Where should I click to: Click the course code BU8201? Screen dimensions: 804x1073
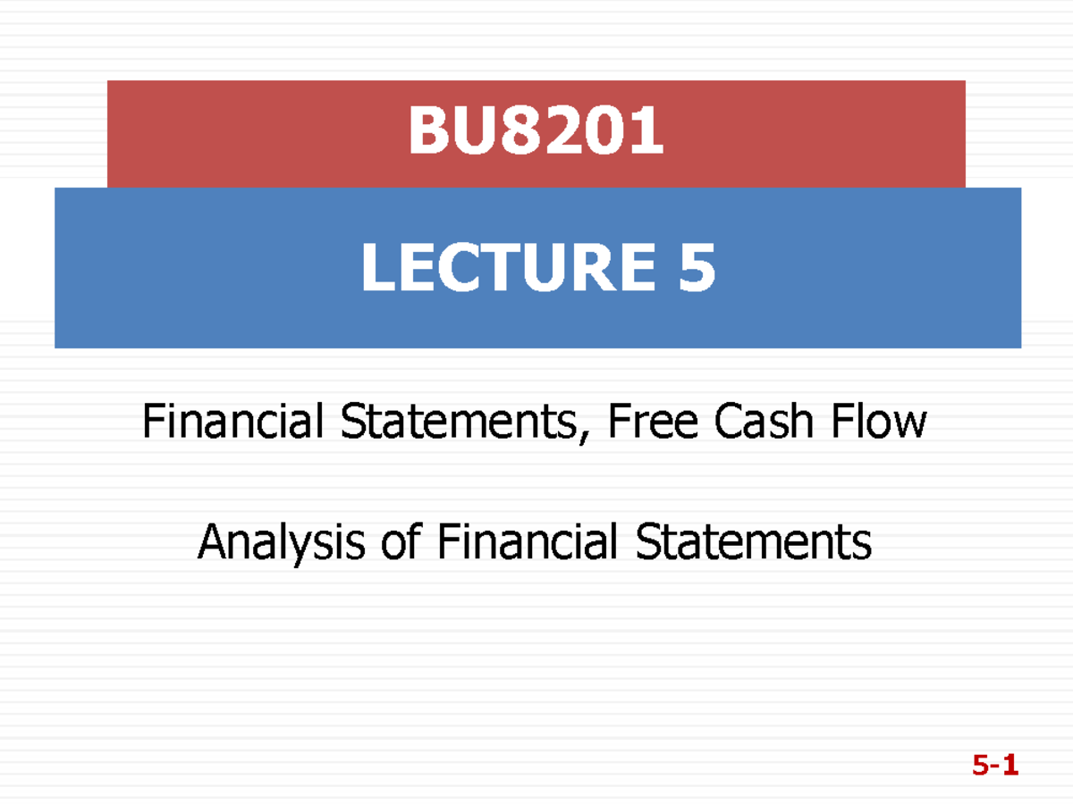pyautogui.click(x=536, y=131)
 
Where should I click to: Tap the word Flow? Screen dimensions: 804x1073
pyautogui.click(x=880, y=422)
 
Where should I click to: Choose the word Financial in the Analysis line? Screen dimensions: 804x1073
pyautogui.click(x=528, y=541)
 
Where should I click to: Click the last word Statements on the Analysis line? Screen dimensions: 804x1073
pyautogui.click(x=753, y=541)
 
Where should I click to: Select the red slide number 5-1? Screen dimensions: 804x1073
pyautogui.click(x=995, y=766)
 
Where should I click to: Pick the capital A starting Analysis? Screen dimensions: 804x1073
pyautogui.click(x=213, y=541)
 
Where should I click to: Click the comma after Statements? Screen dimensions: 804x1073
pyautogui.click(x=591, y=436)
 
